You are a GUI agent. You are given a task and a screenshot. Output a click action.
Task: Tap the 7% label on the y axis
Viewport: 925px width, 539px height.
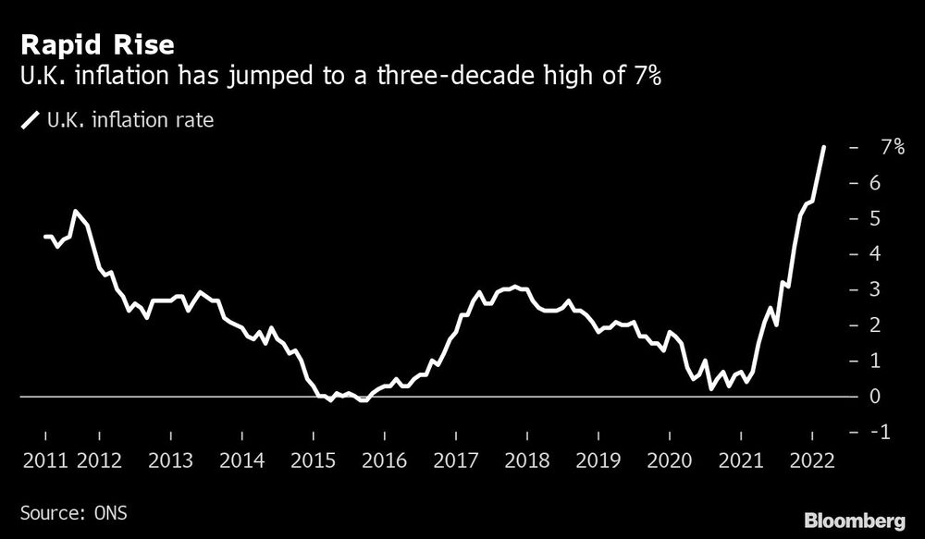pyautogui.click(x=893, y=147)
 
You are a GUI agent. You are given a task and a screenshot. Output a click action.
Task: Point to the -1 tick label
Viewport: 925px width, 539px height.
pyautogui.click(x=884, y=432)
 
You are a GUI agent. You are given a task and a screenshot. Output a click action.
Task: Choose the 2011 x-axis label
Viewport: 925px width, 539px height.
pyautogui.click(x=44, y=459)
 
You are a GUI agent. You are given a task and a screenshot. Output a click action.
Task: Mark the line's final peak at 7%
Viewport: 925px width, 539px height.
pyautogui.click(x=824, y=147)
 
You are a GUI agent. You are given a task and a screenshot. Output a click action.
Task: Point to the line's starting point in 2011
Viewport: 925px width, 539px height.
pyautogui.click(x=45, y=237)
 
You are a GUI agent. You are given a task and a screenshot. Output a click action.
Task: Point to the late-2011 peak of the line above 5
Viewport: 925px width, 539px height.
pyautogui.click(x=75, y=212)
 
